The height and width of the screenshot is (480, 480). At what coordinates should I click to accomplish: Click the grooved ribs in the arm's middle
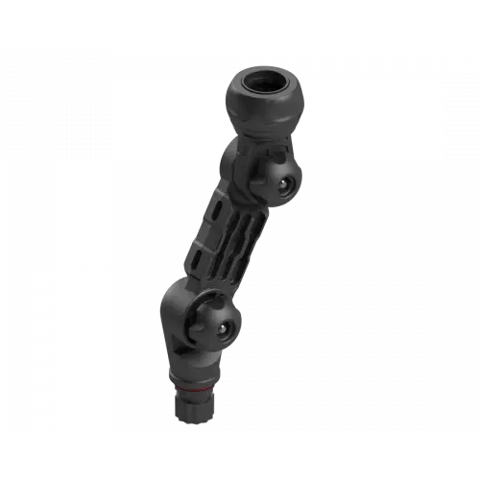(x=241, y=236)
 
